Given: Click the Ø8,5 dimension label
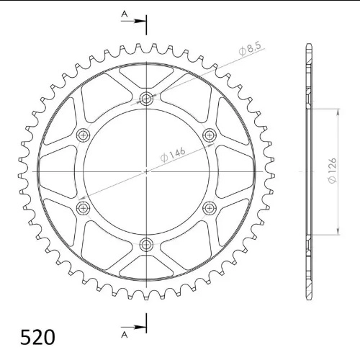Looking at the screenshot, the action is pyautogui.click(x=250, y=49).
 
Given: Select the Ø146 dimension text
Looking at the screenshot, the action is pyautogui.click(x=173, y=155).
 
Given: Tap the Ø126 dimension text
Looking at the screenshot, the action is pyautogui.click(x=333, y=171).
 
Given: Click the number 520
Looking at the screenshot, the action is pyautogui.click(x=37, y=338).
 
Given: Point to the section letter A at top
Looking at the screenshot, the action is pyautogui.click(x=124, y=14).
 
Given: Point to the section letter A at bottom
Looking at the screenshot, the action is pyautogui.click(x=124, y=334).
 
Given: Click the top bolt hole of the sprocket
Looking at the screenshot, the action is pyautogui.click(x=146, y=98).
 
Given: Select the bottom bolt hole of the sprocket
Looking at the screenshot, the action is pyautogui.click(x=146, y=245).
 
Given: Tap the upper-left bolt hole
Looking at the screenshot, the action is pyautogui.click(x=83, y=135).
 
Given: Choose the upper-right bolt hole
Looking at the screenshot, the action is pyautogui.click(x=210, y=135).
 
